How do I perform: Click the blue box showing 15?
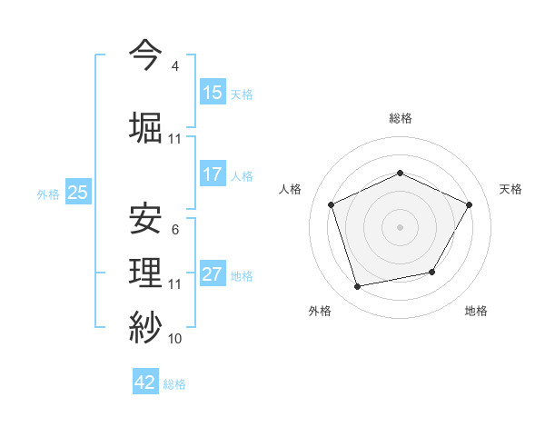[x=213, y=93]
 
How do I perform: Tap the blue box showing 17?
[x=213, y=174]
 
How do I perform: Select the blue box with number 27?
[x=213, y=274]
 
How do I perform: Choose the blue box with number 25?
[x=78, y=192]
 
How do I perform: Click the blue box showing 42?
[x=145, y=382]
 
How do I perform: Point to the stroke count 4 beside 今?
[x=175, y=66]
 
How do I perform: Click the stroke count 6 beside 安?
[x=175, y=230]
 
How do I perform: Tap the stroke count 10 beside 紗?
[x=175, y=339]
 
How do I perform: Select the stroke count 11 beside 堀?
[x=175, y=139]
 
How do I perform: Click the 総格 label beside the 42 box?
[x=174, y=384]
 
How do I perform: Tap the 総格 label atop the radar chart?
[x=400, y=118]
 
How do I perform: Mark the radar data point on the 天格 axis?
[x=470, y=204]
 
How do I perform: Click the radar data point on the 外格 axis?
[x=358, y=287]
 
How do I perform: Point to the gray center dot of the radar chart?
[x=400, y=227]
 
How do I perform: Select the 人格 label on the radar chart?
[x=291, y=189]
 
